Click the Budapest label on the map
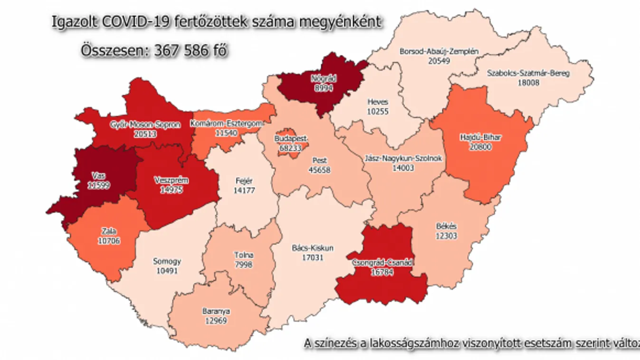tap(291, 138)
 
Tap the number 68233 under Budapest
tap(291, 147)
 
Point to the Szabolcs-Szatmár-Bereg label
tap(528, 74)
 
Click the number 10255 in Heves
tap(378, 110)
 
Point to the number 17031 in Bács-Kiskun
tap(312, 257)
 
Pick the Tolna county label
tap(243, 256)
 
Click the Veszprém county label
tap(172, 180)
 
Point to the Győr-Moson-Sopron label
tap(145, 125)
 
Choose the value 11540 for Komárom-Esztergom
tap(226, 133)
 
